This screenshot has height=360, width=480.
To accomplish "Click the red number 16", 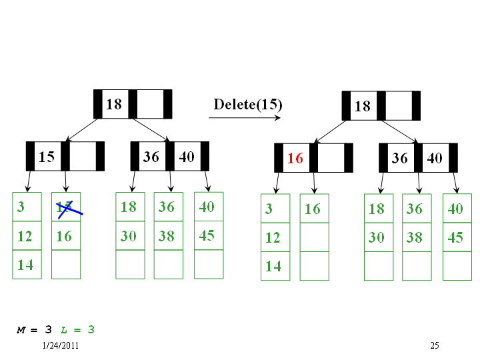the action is tap(295, 158).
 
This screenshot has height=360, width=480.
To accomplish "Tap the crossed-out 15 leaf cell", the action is tap(66, 207).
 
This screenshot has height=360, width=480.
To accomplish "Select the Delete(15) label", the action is tap(247, 105).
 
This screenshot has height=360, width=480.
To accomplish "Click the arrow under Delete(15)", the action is tap(245, 117).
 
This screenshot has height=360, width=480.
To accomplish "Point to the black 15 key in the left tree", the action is tap(47, 157).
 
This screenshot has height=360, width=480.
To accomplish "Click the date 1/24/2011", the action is tap(60, 345).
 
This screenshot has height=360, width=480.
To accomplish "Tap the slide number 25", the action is tap(435, 345).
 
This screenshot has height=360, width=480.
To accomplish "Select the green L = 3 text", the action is tap(77, 330).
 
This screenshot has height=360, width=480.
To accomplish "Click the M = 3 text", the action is tap(34, 330).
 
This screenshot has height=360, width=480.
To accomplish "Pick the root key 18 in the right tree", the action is tap(363, 106).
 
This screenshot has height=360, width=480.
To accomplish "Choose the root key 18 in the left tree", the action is tap(114, 105).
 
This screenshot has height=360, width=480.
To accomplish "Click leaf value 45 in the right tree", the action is tap(455, 237).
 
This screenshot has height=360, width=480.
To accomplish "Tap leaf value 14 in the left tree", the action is tap(25, 265).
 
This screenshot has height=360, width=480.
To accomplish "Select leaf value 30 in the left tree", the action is tap(128, 236).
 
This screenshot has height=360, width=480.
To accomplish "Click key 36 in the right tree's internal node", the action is tap(400, 158).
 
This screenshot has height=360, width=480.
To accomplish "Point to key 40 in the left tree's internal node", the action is tap(187, 157).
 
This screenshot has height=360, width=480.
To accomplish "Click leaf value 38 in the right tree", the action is tap(414, 237).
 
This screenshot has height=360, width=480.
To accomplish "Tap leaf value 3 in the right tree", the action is tap(269, 209).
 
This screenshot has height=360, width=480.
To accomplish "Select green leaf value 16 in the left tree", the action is tap(64, 236).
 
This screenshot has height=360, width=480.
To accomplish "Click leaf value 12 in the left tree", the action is tap(25, 236).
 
